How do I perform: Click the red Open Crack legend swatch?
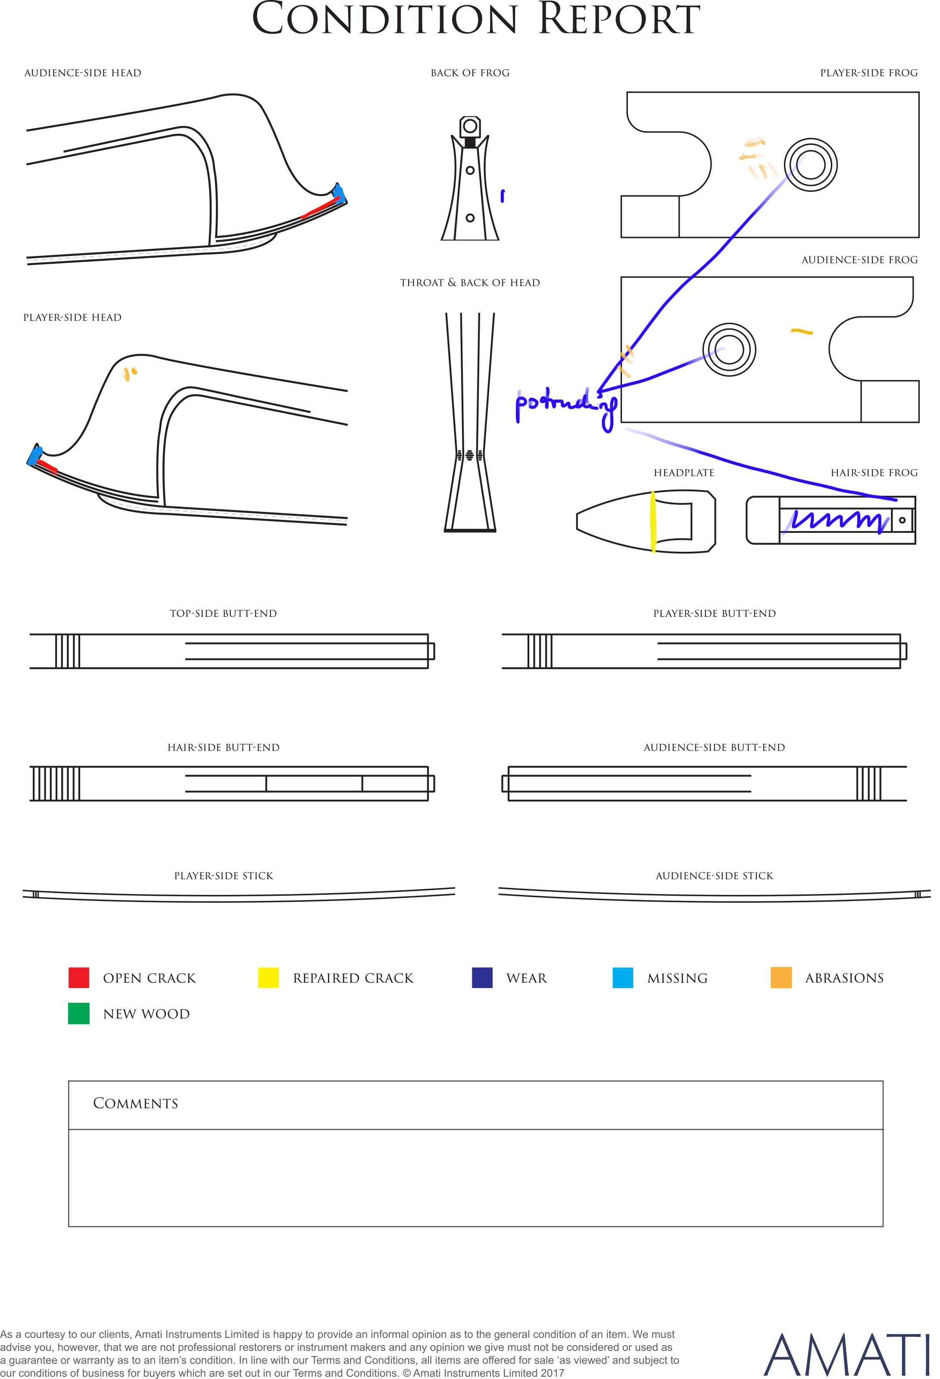tap(78, 977)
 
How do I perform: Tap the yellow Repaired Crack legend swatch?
tap(268, 977)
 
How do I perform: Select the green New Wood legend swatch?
tap(78, 1013)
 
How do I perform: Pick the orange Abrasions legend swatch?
tap(781, 977)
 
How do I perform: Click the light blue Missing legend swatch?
tap(622, 977)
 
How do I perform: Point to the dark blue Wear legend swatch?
tap(482, 977)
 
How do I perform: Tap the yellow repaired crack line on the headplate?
tap(653, 522)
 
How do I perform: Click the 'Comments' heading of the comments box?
tap(135, 1103)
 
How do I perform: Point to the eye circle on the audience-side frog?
tap(729, 350)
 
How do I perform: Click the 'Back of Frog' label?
tap(470, 73)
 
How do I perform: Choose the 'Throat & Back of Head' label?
tap(470, 282)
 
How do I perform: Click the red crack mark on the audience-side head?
tap(321, 208)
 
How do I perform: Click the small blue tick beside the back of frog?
tap(503, 196)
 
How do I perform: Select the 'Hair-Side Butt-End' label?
tap(223, 747)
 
